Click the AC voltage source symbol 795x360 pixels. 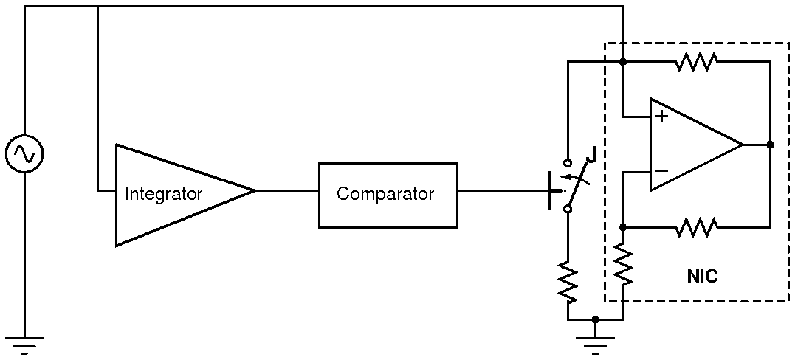(x=24, y=153)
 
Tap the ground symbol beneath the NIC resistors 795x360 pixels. (x=595, y=343)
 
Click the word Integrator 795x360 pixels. (x=163, y=195)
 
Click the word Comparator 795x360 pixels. (x=385, y=194)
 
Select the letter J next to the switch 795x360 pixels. (x=591, y=156)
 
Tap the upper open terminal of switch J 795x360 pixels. (x=568, y=162)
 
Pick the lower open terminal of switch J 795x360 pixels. (x=568, y=210)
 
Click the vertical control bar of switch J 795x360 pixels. (x=551, y=190)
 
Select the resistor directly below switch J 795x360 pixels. (x=568, y=280)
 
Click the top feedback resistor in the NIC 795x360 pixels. (x=695, y=63)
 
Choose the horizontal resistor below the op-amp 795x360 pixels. (x=695, y=227)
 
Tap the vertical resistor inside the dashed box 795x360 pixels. (x=623, y=266)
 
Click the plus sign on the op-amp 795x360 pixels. (x=661, y=117)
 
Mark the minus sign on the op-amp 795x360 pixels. (x=661, y=171)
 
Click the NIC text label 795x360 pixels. (x=701, y=277)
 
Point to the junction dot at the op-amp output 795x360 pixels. (x=770, y=145)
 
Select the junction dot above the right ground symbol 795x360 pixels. (x=595, y=319)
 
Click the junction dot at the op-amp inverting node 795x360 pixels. (x=623, y=227)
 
